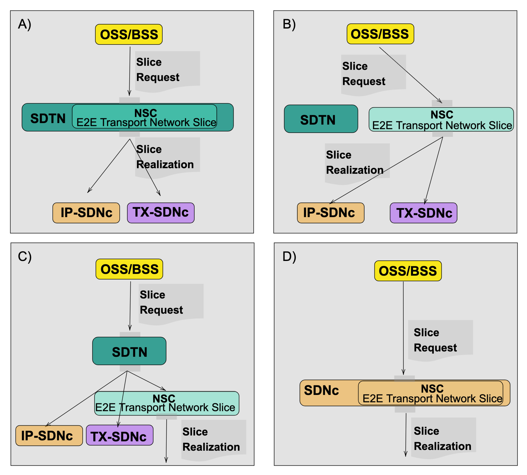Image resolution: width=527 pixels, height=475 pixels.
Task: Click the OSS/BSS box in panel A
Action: tap(129, 34)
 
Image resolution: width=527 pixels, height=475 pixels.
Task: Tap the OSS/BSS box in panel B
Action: tap(380, 34)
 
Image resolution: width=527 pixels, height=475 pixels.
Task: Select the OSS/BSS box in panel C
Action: tap(129, 269)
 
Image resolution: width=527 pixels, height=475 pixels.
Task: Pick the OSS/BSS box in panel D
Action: tap(408, 271)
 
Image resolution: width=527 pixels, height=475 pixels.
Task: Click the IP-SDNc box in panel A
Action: tap(86, 213)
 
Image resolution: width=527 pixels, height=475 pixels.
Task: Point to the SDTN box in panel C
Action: tap(129, 351)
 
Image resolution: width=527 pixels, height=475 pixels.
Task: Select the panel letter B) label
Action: tap(289, 24)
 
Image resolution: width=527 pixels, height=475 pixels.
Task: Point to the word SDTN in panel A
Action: tap(48, 118)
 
